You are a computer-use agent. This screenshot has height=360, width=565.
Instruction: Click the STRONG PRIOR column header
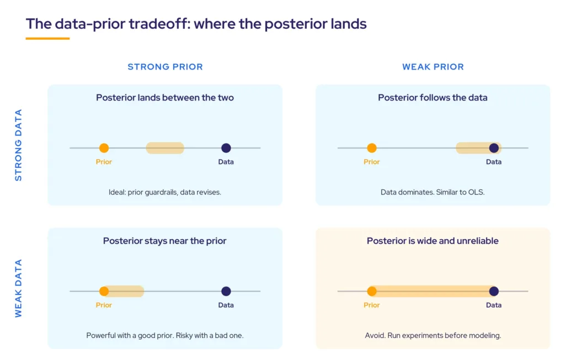click(x=165, y=67)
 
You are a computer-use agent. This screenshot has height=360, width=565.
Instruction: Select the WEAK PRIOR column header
click(x=433, y=67)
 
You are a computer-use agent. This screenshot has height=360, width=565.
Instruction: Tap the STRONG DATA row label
click(x=18, y=145)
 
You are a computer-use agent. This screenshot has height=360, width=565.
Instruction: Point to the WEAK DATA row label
click(x=18, y=288)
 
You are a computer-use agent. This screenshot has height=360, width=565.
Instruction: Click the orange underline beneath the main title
click(x=47, y=38)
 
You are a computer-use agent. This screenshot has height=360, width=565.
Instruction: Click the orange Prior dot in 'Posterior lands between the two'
click(x=104, y=148)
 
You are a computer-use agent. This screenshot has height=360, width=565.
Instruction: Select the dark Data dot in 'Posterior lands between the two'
click(x=226, y=148)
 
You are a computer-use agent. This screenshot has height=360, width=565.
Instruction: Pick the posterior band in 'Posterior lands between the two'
click(x=165, y=148)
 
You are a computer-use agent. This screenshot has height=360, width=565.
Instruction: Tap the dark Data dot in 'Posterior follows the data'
click(x=494, y=148)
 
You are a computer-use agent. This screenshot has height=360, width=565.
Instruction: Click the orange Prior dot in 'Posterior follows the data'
click(x=371, y=148)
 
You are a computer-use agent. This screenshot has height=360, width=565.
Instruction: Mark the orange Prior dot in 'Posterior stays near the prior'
click(x=104, y=291)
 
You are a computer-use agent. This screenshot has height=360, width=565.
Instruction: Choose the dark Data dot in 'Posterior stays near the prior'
click(x=226, y=291)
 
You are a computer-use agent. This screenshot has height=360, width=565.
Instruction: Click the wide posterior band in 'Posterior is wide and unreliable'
click(x=433, y=291)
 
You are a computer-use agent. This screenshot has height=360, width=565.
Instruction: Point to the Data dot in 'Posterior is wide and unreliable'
click(x=494, y=291)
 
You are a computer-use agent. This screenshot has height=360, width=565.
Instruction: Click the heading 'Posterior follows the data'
click(x=433, y=98)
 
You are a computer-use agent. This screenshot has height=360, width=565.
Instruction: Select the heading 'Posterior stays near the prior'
click(x=164, y=241)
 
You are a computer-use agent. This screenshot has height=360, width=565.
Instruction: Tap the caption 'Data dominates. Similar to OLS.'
click(x=433, y=192)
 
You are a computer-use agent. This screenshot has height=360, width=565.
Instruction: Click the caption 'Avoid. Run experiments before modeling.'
click(x=433, y=336)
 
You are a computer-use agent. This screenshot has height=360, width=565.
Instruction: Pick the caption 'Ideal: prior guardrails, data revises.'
click(x=164, y=192)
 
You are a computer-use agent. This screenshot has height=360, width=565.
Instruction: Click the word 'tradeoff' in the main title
click(x=159, y=24)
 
